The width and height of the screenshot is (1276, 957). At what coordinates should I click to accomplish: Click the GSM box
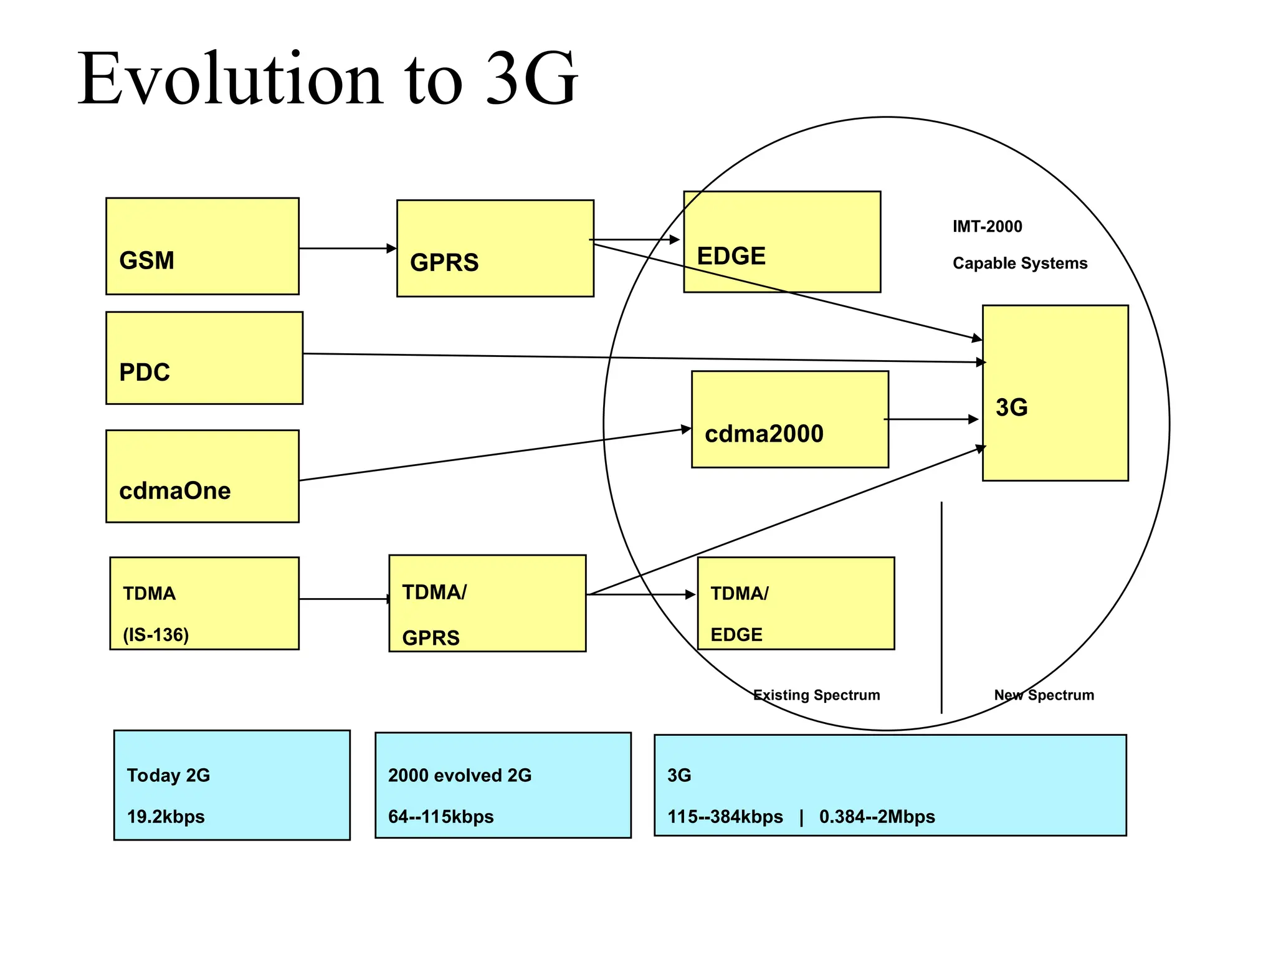point(202,246)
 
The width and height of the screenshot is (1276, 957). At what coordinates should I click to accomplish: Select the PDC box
point(204,358)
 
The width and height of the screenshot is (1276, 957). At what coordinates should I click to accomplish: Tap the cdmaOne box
point(202,476)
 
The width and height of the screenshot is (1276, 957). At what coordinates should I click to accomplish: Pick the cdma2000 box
point(789,419)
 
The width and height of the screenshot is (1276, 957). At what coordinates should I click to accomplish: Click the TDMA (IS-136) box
point(204,603)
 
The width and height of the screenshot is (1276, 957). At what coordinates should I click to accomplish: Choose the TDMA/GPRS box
point(487,603)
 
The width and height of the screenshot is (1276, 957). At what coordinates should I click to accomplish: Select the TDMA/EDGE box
point(795,603)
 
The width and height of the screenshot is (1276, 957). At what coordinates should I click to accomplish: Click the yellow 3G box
point(1055,393)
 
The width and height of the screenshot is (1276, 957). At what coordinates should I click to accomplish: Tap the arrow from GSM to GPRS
point(347,249)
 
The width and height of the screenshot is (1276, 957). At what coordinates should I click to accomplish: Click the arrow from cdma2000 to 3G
point(931,419)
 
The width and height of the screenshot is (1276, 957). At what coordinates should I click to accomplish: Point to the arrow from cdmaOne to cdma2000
point(495,454)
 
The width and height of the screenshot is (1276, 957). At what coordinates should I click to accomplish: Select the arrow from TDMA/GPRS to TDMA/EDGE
point(642,594)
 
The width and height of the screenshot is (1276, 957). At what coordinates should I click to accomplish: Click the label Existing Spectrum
point(816,695)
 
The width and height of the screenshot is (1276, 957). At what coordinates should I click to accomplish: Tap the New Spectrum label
point(1044,695)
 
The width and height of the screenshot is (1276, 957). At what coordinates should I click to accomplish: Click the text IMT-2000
point(987,226)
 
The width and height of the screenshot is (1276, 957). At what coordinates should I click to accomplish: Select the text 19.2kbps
point(166,816)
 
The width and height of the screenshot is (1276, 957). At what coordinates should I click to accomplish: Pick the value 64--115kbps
point(440,816)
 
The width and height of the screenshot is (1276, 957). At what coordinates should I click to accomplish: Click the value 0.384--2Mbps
point(877,816)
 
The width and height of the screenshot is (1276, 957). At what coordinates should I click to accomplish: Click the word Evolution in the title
point(229,79)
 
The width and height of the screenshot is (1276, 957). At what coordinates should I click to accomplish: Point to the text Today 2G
point(168,775)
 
